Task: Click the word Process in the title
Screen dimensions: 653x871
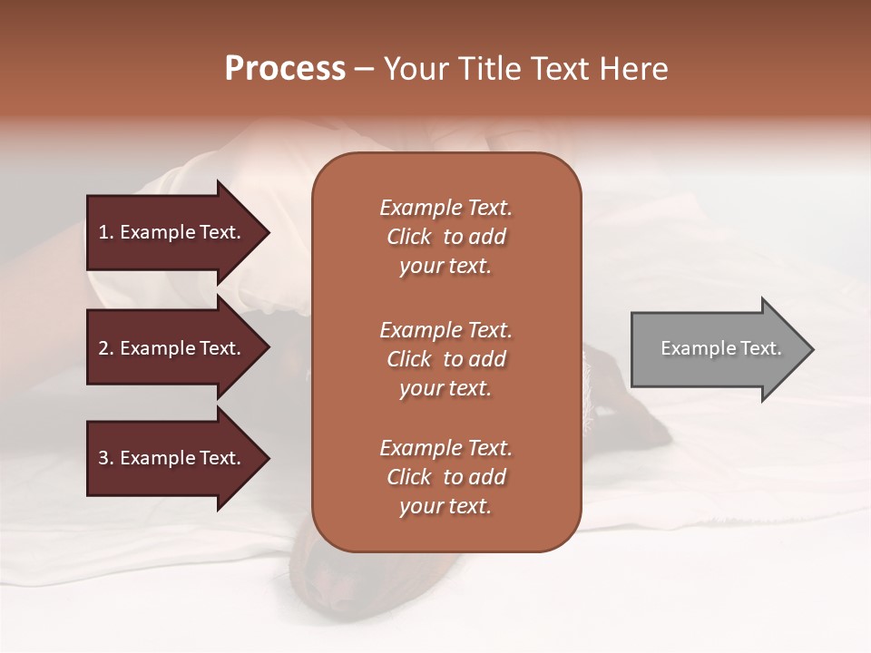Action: click(x=285, y=69)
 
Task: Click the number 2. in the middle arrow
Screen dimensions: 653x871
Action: click(x=106, y=348)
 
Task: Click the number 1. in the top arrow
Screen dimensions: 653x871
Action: click(x=106, y=232)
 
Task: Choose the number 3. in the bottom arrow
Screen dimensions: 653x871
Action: click(x=106, y=458)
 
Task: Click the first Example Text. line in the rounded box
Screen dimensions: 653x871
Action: click(x=445, y=208)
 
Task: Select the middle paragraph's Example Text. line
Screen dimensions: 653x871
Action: click(x=445, y=330)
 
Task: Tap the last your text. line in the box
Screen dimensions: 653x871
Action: click(x=445, y=506)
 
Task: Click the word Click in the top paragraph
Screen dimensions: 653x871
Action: click(x=409, y=237)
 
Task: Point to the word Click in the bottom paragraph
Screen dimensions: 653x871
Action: click(x=409, y=477)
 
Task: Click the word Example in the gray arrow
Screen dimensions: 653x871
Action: click(x=690, y=348)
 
